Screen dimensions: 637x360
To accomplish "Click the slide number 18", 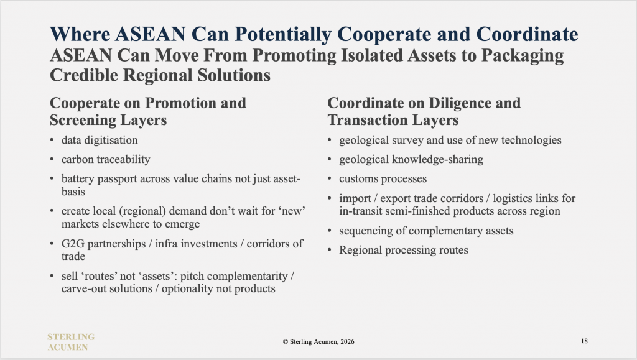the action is click(x=584, y=341).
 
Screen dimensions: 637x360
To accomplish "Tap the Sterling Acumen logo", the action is click(x=70, y=342).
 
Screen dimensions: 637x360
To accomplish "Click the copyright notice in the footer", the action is click(x=318, y=342).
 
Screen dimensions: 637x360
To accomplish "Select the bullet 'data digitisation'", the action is click(x=100, y=140).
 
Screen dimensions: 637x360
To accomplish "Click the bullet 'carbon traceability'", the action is click(x=106, y=159).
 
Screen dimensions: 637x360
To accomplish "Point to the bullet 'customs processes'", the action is click(x=383, y=178).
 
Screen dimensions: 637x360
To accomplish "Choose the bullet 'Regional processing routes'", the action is click(x=403, y=250).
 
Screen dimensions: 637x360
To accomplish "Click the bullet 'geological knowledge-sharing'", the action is click(x=411, y=159).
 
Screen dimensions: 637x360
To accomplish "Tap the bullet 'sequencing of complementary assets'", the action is click(x=426, y=231).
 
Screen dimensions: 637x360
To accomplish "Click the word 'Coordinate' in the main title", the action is click(x=527, y=34).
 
